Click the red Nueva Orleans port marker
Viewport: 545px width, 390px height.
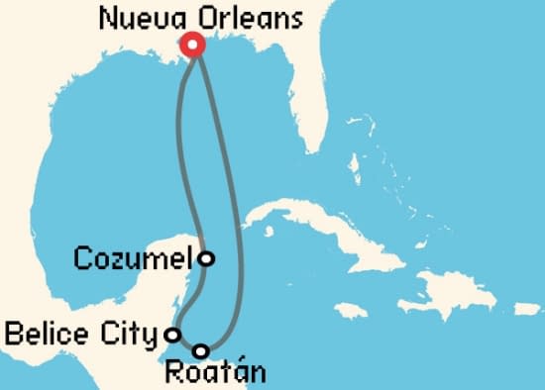pyautogui.click(x=191, y=44)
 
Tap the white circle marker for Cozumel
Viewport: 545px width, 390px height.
pyautogui.click(x=205, y=258)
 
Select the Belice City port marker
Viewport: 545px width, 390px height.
pyautogui.click(x=172, y=334)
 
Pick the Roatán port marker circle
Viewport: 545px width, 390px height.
pyautogui.click(x=201, y=350)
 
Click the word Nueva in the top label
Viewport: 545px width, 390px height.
pyautogui.click(x=138, y=18)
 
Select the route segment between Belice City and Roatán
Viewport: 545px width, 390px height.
pyautogui.click(x=186, y=343)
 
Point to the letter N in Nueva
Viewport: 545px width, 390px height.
pyautogui.click(x=110, y=18)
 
